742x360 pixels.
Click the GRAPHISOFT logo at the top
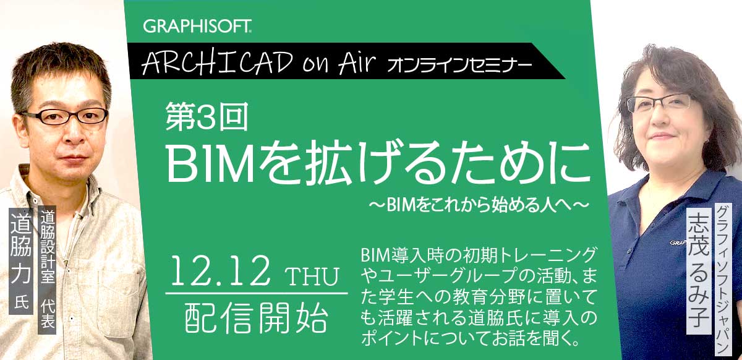197,27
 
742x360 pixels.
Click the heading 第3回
207,116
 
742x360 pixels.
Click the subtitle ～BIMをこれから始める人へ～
479,205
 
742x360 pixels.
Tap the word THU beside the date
312,276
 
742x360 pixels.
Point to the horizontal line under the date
257,294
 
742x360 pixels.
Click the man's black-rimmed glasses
64,116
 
